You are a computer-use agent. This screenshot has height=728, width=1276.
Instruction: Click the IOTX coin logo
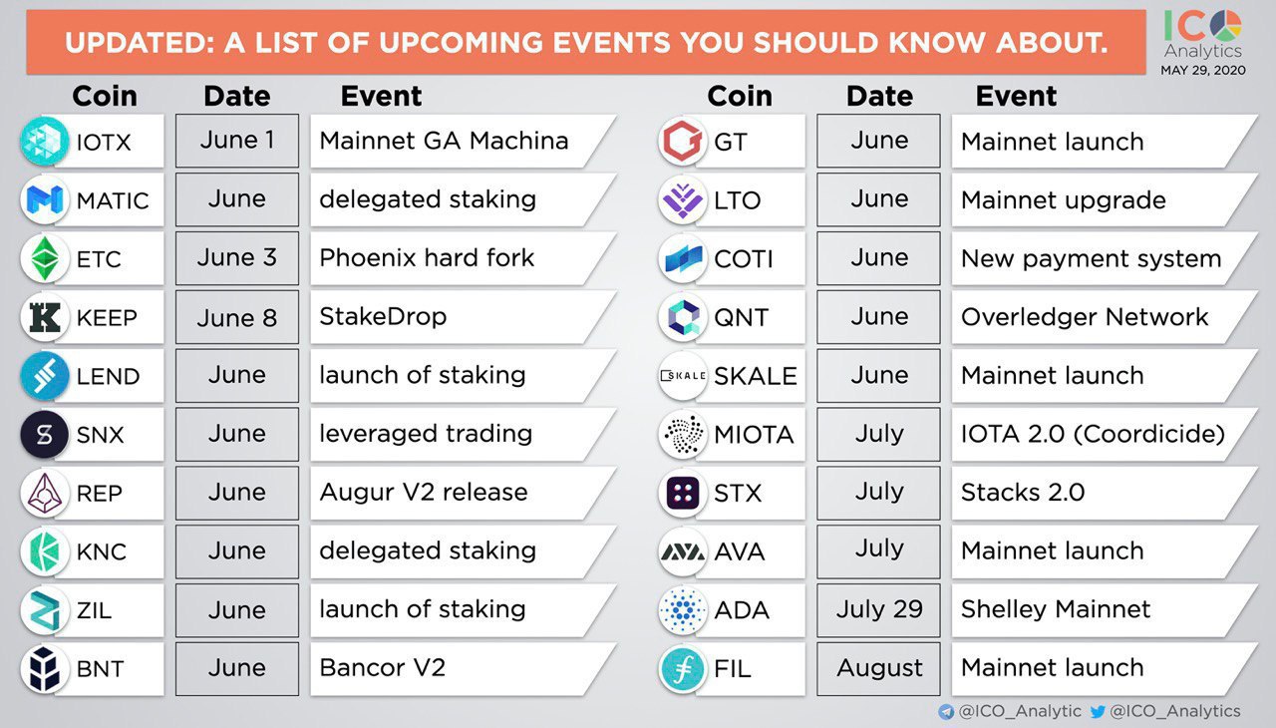coord(45,141)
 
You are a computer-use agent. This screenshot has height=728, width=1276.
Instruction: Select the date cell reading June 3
coord(237,258)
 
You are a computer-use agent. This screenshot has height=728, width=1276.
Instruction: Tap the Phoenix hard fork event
coord(427,258)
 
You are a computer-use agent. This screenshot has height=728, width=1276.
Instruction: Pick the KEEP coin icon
coord(45,317)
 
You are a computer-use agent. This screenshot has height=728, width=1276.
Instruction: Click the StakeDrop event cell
coord(463,317)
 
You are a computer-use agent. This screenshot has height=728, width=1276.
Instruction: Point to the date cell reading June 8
coord(237,317)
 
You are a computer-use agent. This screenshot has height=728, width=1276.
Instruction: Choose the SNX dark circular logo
coord(45,434)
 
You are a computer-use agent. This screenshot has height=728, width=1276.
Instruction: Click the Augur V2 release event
coord(424,493)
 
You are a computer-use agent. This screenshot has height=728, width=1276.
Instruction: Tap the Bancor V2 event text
coord(382,667)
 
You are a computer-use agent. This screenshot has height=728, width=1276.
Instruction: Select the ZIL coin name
coord(94,610)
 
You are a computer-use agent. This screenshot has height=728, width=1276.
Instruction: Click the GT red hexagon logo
coord(683,141)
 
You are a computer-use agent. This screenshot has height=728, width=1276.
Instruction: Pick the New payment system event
coord(1091,259)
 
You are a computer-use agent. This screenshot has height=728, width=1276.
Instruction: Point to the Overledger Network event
coord(1085,317)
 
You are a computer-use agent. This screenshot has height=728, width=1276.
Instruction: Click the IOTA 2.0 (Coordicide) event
coord(1093,434)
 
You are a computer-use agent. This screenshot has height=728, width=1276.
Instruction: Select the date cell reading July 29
coord(878,609)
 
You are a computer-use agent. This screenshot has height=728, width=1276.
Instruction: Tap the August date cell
coord(878,668)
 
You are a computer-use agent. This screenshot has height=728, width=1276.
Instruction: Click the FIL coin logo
coord(683,668)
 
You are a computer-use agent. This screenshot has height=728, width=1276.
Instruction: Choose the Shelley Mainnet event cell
coord(1104,609)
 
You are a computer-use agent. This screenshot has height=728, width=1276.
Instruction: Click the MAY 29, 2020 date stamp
coord(1203,70)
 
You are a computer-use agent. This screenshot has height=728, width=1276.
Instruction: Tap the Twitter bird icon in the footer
coord(1098,711)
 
